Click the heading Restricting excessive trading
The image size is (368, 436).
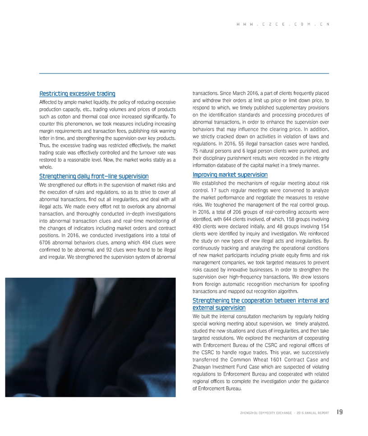(77, 94)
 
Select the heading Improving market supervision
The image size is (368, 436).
(230, 174)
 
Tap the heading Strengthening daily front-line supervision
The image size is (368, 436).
(94, 176)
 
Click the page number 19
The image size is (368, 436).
(340, 412)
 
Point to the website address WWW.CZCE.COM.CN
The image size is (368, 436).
(282, 24)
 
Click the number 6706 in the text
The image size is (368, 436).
(46, 242)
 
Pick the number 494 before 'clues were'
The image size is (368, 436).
(133, 242)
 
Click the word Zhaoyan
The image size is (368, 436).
(202, 367)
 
